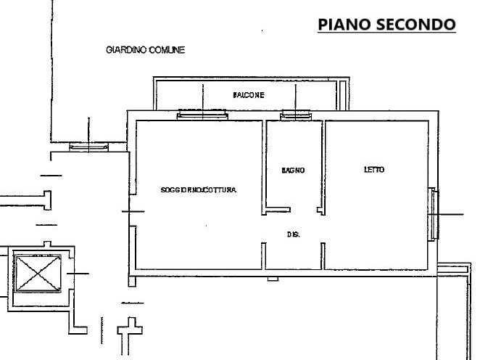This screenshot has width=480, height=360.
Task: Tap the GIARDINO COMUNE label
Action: click(146, 50)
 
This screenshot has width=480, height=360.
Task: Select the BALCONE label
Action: click(249, 95)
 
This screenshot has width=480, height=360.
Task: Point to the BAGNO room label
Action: click(293, 170)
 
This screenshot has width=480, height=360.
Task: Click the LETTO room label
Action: click(374, 169)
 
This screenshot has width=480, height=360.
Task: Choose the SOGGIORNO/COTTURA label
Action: click(199, 190)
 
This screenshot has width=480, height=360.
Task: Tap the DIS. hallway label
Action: click(293, 234)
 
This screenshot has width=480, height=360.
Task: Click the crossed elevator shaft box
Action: click(38, 274)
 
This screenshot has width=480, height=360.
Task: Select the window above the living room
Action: click(202, 115)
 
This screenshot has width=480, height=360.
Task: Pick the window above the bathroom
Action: click(295, 115)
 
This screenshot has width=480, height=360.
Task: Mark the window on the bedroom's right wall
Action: click(434, 214)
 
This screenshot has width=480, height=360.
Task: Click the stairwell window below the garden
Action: click(88, 147)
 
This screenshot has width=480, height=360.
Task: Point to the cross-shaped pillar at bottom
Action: click(130, 330)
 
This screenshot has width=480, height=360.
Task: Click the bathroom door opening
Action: click(303, 210)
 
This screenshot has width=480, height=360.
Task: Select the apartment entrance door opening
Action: click(133, 210)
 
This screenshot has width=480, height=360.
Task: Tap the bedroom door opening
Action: click(323, 229)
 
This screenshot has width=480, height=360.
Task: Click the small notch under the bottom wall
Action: click(273, 279)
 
